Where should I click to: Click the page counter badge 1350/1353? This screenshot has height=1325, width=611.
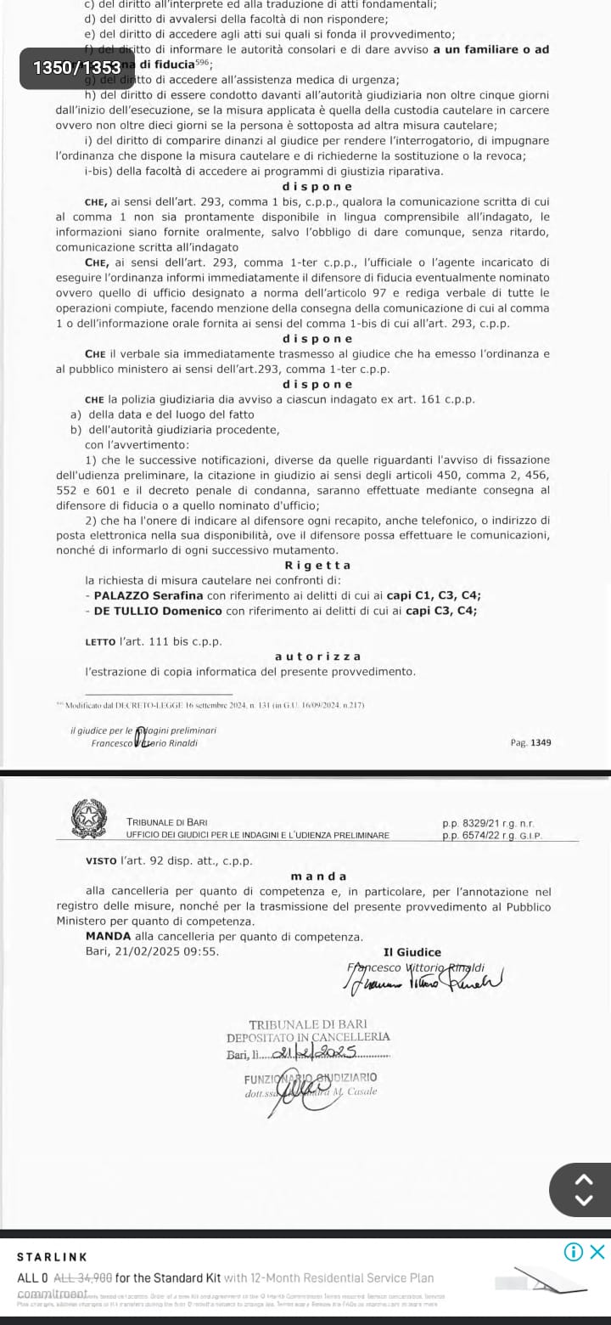pyautogui.click(x=76, y=67)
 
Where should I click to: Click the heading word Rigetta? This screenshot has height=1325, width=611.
pyautogui.click(x=317, y=566)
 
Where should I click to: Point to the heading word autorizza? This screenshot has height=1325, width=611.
pyautogui.click(x=317, y=656)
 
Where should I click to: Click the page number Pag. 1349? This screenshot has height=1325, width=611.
pyautogui.click(x=530, y=742)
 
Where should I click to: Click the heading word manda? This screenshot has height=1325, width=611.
pyautogui.click(x=318, y=876)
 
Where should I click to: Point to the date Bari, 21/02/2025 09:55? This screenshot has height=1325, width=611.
pyautogui.click(x=152, y=950)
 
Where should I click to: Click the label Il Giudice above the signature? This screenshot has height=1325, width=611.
pyautogui.click(x=412, y=952)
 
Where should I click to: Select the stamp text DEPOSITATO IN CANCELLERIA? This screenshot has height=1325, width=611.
pyautogui.click(x=308, y=1036)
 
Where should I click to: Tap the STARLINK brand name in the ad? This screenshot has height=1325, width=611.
pyautogui.click(x=53, y=1256)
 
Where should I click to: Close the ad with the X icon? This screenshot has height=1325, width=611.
pyautogui.click(x=597, y=1251)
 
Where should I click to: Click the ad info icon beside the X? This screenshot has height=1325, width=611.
pyautogui.click(x=574, y=1251)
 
